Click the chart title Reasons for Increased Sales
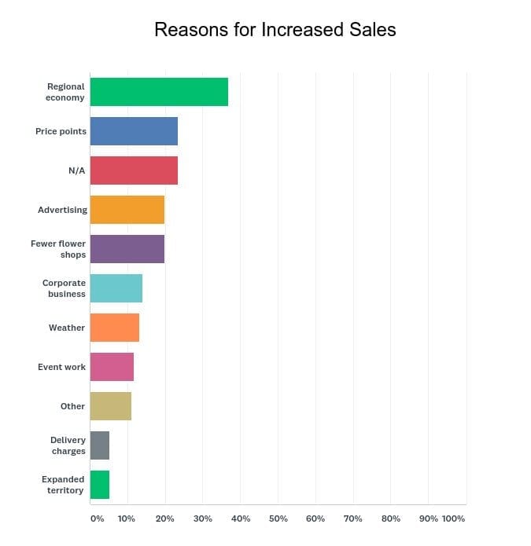(275, 30)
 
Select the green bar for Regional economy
(159, 92)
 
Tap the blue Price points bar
(134, 131)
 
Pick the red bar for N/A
(134, 170)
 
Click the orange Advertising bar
(127, 210)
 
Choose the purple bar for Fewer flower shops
(127, 249)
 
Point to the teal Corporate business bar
(116, 288)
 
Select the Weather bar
(115, 328)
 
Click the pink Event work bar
(112, 367)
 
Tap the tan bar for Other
(111, 406)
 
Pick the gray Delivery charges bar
(100, 445)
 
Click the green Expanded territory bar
(100, 485)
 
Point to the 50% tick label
(278, 519)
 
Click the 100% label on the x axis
(453, 519)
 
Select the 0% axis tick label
(97, 519)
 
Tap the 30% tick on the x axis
(202, 519)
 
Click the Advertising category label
(62, 210)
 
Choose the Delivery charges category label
(68, 445)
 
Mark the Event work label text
(61, 367)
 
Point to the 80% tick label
(390, 519)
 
